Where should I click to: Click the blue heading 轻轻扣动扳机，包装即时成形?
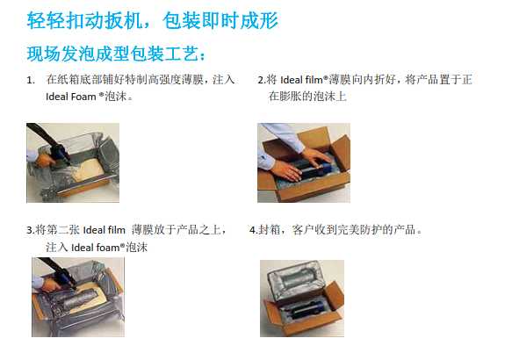pos(153,21)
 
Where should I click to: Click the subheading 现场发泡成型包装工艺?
pos(116,54)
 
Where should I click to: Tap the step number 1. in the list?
pos(31,80)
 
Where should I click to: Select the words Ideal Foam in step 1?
pos(71,97)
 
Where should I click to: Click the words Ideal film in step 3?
pos(105,230)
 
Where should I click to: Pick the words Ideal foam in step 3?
pos(96,248)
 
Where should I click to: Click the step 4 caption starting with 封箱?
pos(335,230)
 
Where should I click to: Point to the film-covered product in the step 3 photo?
pos(77,298)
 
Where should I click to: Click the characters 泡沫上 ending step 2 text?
pos(330,97)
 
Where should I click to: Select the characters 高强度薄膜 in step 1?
pos(177,80)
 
